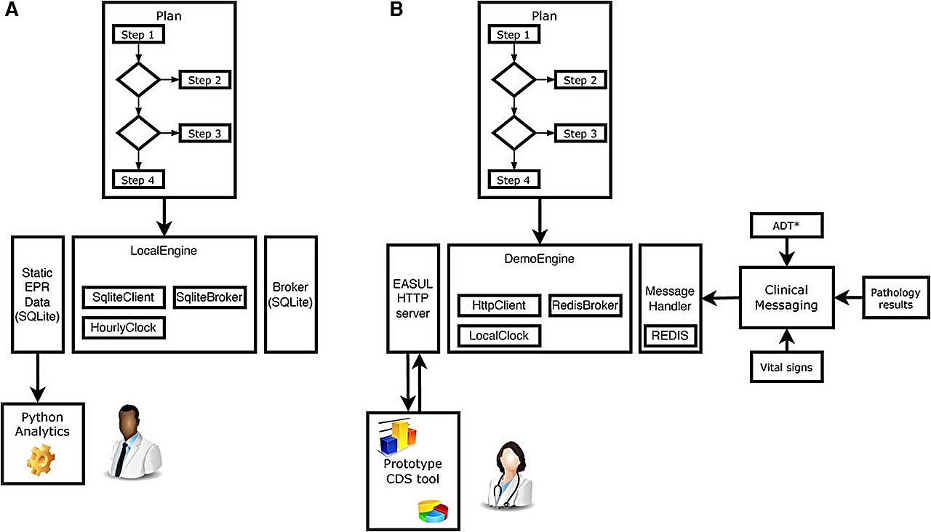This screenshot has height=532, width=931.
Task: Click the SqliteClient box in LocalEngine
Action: [124, 297]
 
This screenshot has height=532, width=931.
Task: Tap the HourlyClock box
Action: [124, 327]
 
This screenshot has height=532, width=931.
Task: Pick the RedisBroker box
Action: [585, 306]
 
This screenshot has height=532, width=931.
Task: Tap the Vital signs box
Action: [781, 368]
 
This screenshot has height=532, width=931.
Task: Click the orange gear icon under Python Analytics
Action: [41, 461]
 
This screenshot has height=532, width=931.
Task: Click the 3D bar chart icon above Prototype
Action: [397, 435]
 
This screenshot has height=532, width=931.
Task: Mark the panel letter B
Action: [396, 10]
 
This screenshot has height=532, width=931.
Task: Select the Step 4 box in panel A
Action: [138, 179]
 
